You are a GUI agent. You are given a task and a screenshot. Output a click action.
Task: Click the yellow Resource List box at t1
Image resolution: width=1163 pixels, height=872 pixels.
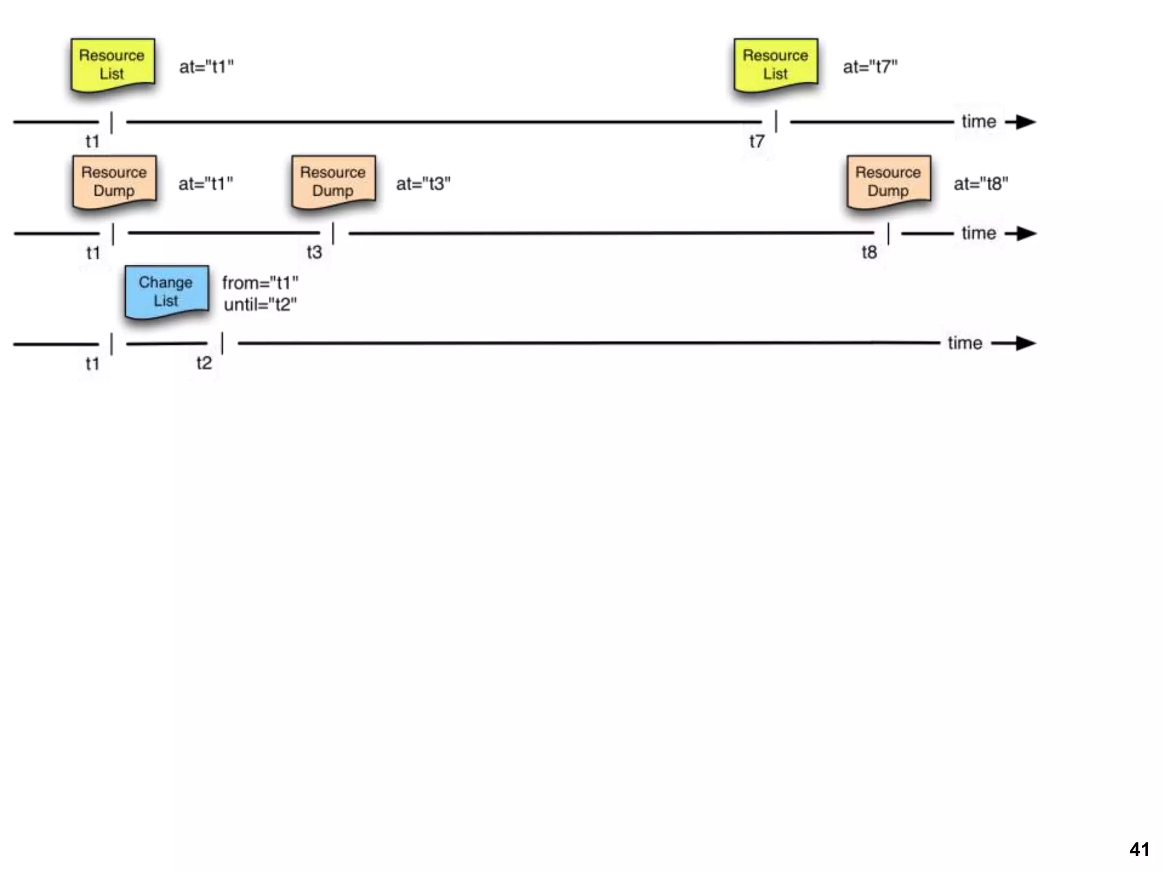112,64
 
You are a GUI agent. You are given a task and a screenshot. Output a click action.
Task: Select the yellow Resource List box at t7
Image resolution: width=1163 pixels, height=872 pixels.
775,64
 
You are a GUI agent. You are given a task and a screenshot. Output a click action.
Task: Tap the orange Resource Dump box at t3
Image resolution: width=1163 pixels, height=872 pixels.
333,181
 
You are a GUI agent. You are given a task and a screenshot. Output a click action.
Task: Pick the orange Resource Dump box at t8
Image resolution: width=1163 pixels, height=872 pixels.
888,181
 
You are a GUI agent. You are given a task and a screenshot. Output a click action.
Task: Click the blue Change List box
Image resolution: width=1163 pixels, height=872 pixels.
166,291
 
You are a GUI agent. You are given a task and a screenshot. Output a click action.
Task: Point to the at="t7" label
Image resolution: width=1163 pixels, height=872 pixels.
870,67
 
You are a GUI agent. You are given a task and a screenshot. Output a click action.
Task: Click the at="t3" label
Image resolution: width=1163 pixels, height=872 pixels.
423,184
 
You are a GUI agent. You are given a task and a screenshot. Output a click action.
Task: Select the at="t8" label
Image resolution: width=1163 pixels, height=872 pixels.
981,184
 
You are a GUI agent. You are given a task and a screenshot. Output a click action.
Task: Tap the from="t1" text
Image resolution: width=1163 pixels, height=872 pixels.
260,282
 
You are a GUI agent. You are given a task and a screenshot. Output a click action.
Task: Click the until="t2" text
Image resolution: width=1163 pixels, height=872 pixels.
260,305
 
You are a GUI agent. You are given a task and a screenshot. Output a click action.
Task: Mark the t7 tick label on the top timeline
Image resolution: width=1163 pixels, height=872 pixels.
756,141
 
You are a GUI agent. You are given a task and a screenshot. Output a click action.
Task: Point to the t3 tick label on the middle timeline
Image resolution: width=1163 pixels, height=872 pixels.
314,252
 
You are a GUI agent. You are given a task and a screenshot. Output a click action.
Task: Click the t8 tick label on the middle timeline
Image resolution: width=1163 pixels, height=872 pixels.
869,252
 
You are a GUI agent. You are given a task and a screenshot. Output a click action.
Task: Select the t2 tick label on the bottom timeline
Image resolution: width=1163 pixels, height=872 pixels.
204,363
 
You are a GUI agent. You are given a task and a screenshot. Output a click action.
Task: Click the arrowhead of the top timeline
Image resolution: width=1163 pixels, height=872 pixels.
1025,121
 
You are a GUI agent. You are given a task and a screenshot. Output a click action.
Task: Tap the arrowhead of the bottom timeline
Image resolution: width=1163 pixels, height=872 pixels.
1025,343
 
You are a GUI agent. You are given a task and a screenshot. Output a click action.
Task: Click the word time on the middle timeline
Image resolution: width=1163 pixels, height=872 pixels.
978,233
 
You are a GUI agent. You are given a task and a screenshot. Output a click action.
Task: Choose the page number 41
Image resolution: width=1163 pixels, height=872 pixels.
1139,849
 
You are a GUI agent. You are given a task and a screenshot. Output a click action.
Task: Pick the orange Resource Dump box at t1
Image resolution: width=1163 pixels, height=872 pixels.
114,181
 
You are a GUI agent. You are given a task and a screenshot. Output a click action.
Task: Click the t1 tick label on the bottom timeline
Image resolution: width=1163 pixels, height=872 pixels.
92,363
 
